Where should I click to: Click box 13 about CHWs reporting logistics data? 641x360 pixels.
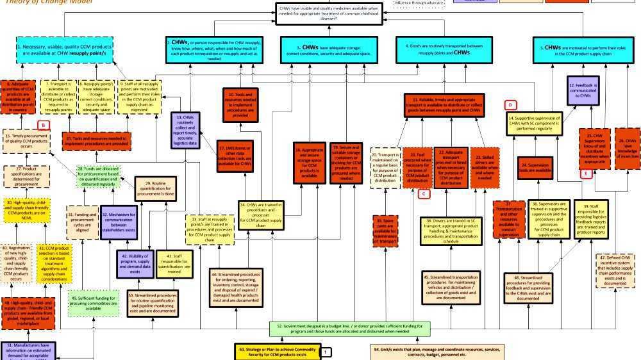pyautogui.click(x=185, y=131)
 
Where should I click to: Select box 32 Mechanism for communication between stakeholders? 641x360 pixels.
pyautogui.click(x=119, y=222)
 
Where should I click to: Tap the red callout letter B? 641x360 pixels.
pyautogui.click(x=44, y=126)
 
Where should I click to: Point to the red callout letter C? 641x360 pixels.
pyautogui.click(x=422, y=194)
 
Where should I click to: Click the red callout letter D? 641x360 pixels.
pyautogui.click(x=511, y=104)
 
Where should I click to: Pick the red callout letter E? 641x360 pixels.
pyautogui.click(x=585, y=174)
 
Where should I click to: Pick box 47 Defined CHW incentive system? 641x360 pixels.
pyautogui.click(x=617, y=270)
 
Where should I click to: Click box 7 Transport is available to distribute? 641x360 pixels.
pyautogui.click(x=58, y=97)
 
